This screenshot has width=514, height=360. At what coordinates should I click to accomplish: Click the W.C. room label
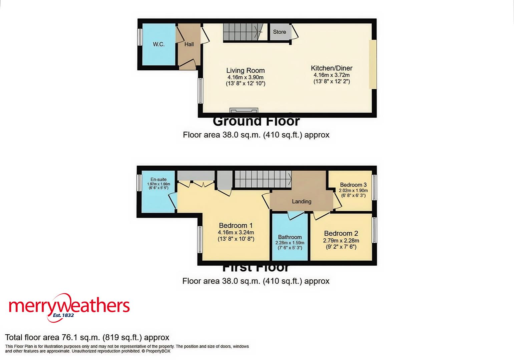[159, 44]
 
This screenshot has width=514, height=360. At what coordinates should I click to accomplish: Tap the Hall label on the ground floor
[189, 44]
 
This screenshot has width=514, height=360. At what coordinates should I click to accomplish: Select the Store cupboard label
[280, 32]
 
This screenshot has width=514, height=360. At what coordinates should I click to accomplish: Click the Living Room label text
[245, 70]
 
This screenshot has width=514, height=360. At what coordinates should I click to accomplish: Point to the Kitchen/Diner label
[332, 68]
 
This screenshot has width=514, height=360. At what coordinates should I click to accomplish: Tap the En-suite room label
[159, 179]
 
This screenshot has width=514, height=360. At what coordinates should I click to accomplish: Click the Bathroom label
[290, 237]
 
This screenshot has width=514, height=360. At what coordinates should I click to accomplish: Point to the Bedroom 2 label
[341, 233]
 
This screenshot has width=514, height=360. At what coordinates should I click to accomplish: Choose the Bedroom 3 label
[353, 185]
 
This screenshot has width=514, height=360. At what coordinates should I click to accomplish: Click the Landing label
[302, 201]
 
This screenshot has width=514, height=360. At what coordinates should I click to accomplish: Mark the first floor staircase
[263, 179]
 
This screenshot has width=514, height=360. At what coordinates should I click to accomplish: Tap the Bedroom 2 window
[374, 230]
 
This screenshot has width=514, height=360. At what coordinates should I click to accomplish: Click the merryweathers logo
[69, 305]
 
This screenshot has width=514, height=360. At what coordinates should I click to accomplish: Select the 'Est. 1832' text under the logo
[63, 315]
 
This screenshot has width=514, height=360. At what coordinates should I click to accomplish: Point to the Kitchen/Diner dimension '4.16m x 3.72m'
[332, 75]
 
